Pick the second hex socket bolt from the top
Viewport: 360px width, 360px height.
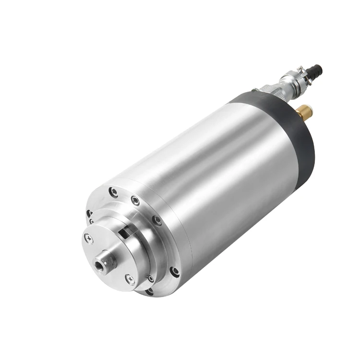click(136, 200)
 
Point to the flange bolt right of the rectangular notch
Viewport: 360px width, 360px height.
click(157, 220)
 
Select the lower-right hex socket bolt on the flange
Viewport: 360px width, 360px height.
click(174, 271)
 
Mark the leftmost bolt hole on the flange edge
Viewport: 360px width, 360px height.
click(89, 214)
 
